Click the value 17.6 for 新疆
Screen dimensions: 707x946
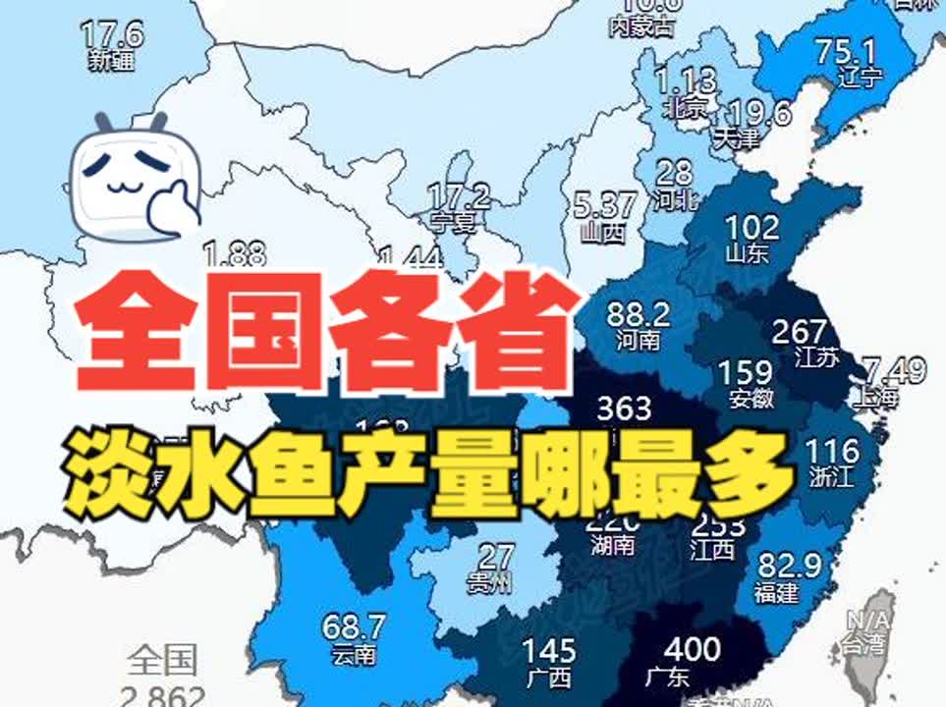[113, 35]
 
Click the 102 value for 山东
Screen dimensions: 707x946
[751, 228]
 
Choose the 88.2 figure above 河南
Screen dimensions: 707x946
[639, 315]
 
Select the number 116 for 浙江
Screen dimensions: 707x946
[831, 452]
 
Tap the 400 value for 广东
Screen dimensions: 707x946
[692, 650]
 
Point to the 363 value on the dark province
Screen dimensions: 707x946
[625, 407]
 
